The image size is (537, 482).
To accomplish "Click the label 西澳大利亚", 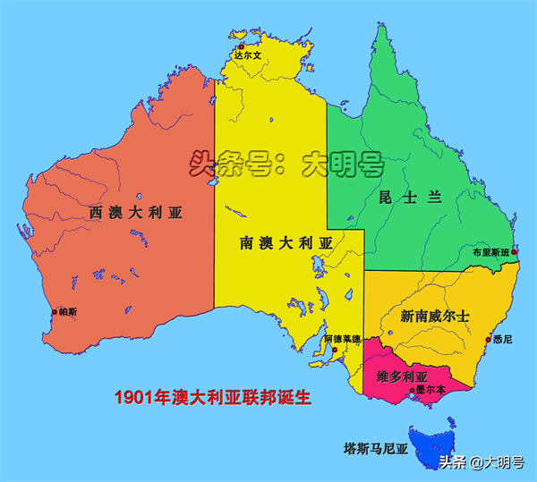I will (135, 212).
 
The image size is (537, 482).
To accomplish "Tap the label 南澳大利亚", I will (286, 242).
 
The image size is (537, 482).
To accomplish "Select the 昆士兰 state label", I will (411, 198).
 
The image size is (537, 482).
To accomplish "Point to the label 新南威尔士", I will (435, 317).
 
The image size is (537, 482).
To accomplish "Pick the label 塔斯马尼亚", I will (376, 447).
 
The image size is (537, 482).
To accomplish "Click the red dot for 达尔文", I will (241, 46).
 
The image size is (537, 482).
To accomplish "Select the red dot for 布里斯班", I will (515, 253).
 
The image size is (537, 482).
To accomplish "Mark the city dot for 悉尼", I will (489, 339).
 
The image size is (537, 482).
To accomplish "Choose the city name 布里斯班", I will (490, 253).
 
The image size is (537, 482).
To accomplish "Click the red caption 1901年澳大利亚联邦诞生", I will (213, 397).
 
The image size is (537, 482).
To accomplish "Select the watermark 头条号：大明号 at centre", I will (286, 165).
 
